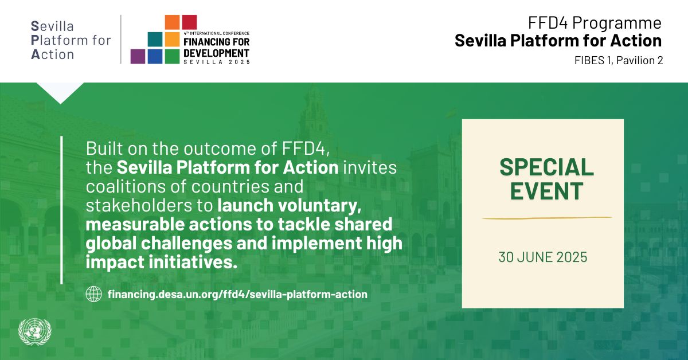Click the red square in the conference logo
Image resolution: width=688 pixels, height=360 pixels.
[x=190, y=22]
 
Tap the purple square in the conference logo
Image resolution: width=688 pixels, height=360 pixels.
[x=138, y=57]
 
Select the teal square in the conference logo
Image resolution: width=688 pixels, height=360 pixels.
[x=155, y=40]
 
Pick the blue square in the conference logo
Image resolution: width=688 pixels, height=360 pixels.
[x=155, y=57]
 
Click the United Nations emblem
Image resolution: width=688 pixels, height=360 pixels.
[x=35, y=332]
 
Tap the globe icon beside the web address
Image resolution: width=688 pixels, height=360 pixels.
[x=93, y=294]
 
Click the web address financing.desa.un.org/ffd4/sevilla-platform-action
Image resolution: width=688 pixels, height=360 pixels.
[x=237, y=294]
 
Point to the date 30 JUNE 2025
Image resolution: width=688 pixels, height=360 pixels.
[x=543, y=257]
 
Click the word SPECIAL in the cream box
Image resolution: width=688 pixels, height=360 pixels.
[x=547, y=167]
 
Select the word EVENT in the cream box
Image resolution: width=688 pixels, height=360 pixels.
[x=547, y=191]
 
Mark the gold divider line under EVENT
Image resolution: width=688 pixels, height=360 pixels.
[x=547, y=218]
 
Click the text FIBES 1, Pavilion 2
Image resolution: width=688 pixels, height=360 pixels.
[x=619, y=61]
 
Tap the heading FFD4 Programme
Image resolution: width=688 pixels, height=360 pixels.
[x=595, y=23]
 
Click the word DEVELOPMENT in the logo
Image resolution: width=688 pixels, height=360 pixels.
[x=216, y=53]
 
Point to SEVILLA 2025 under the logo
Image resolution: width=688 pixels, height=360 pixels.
[x=217, y=62]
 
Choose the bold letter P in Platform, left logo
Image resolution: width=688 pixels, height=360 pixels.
[x=35, y=41]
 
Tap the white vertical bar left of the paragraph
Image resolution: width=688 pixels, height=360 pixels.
[x=62, y=210]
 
